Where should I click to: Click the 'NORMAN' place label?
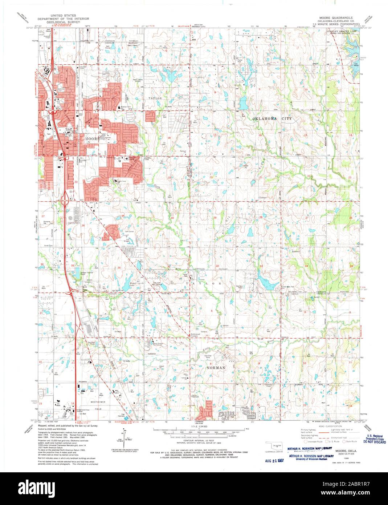click(x=217, y=368)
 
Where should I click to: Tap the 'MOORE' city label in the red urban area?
click(x=91, y=139)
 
